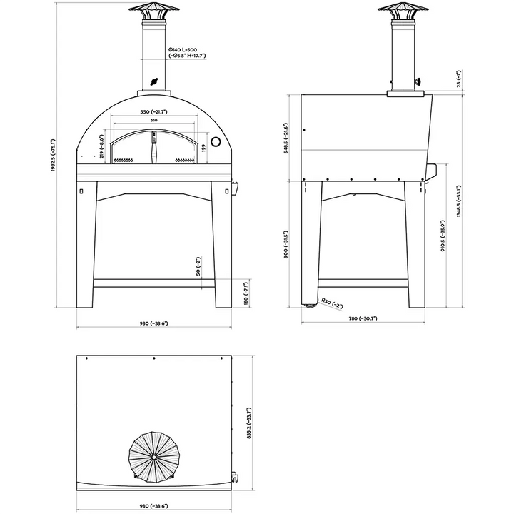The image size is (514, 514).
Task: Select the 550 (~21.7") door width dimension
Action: click(154, 113)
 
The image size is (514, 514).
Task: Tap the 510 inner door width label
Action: click(154, 121)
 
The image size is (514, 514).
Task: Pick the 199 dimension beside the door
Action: click(203, 148)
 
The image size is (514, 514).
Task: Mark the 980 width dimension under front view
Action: click(153, 324)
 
